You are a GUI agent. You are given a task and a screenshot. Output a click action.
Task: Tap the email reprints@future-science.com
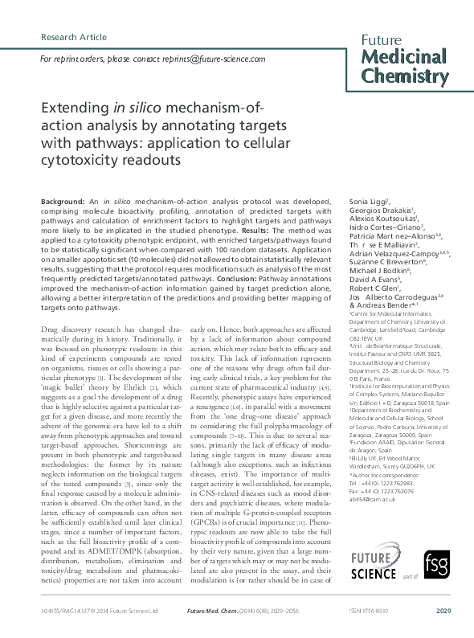click(x=216, y=59)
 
